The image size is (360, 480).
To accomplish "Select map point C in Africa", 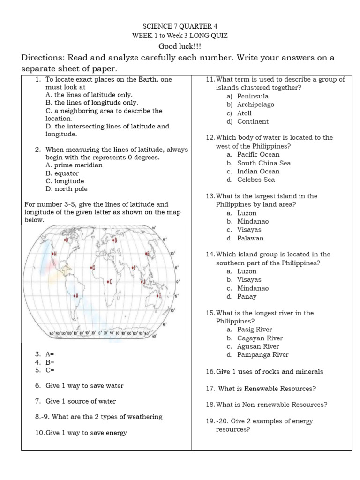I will coord(108,281).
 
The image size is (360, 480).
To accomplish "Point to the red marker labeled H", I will coord(52,254).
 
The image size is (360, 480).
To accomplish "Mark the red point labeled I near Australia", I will coord(157,295).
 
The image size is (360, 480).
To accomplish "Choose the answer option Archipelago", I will coord(255,105).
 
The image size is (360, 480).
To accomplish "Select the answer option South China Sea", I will coord(264,163).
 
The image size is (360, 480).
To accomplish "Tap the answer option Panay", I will coord(247,296).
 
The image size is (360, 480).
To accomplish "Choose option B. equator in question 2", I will coord(62,173).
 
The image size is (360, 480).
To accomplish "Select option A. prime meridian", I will coord(74,165).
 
